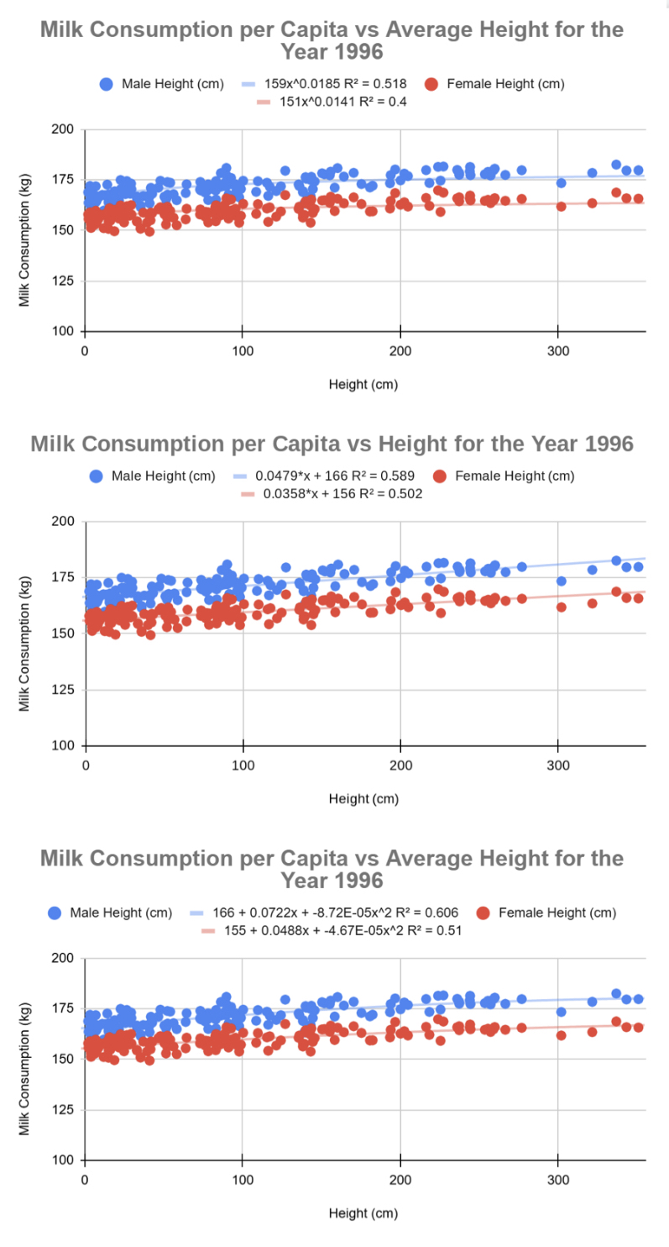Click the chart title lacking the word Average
point(332,444)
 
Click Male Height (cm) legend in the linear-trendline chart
point(164,476)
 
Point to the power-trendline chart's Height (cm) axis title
point(363,385)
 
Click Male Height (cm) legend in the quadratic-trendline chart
point(121,912)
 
